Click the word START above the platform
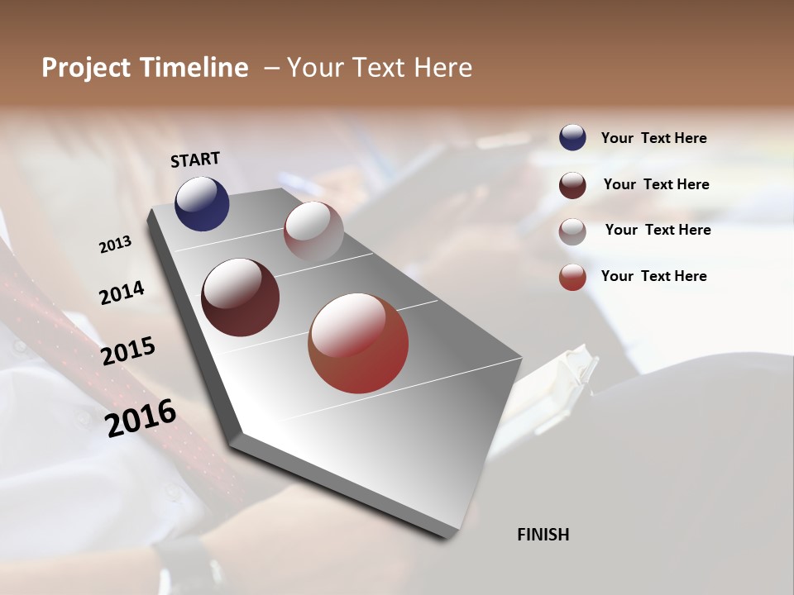(x=195, y=159)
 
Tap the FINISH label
(x=543, y=535)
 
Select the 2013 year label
(x=116, y=244)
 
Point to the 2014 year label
(x=122, y=293)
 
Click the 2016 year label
(x=141, y=416)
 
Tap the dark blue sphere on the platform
(x=202, y=203)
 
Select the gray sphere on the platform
(x=313, y=231)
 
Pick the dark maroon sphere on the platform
(x=240, y=297)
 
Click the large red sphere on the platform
(x=358, y=343)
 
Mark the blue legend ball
(x=572, y=138)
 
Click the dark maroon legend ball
(x=572, y=185)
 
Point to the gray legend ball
(x=572, y=231)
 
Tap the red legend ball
(x=572, y=277)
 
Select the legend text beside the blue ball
(x=653, y=139)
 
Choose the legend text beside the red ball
(x=653, y=276)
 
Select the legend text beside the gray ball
(x=658, y=230)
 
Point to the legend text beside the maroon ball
(x=656, y=184)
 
